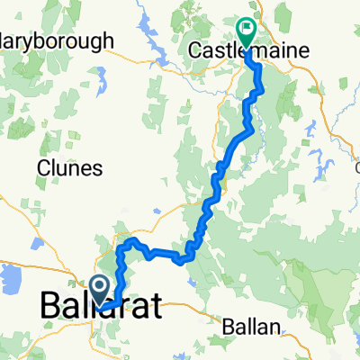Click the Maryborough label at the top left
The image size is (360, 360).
[x=56, y=41]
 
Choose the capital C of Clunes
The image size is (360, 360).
[x=43, y=168]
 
